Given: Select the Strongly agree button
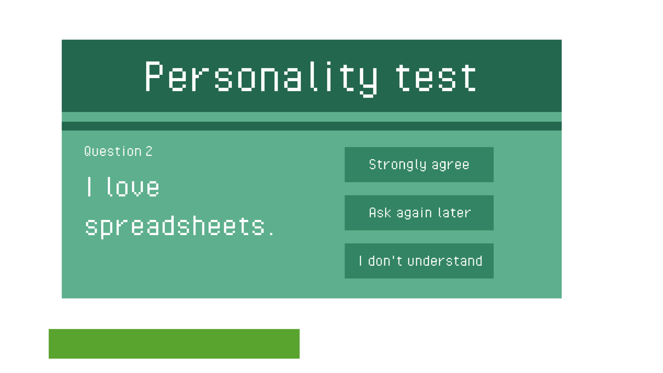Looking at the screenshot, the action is pyautogui.click(x=419, y=165).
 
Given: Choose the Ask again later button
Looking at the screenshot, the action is pyautogui.click(x=419, y=213).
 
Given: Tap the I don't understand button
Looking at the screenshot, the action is pyautogui.click(x=419, y=261).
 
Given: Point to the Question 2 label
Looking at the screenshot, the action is pyautogui.click(x=118, y=151).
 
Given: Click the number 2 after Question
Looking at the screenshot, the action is pyautogui.click(x=149, y=151).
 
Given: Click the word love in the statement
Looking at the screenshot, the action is pyautogui.click(x=133, y=187).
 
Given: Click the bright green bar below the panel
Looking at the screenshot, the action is pyautogui.click(x=174, y=344).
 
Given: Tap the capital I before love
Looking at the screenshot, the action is pyautogui.click(x=89, y=186).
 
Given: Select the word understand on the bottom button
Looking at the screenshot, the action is pyautogui.click(x=445, y=261).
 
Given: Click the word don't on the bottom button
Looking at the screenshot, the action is pyautogui.click(x=385, y=261).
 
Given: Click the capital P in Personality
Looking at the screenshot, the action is pyautogui.click(x=154, y=76).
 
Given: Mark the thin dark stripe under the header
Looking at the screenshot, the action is pyautogui.click(x=312, y=126).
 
